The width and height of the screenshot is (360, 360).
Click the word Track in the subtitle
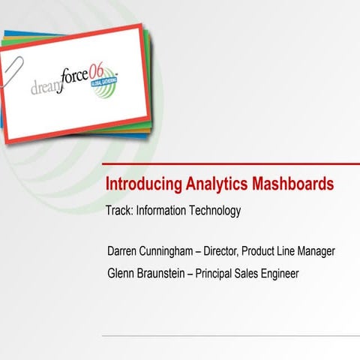(119, 211)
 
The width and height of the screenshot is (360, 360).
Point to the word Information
(163, 211)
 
